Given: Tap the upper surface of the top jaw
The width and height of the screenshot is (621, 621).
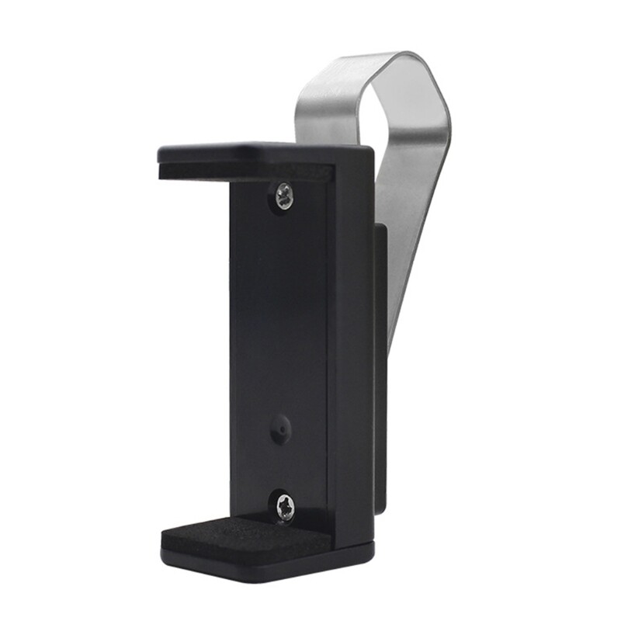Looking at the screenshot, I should click(256, 151).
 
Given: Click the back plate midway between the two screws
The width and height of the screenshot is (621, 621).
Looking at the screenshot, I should click(279, 349).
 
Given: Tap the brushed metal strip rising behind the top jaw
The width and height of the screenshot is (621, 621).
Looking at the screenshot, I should click(326, 109).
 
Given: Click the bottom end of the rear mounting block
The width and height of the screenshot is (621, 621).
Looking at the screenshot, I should click(380, 508).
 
